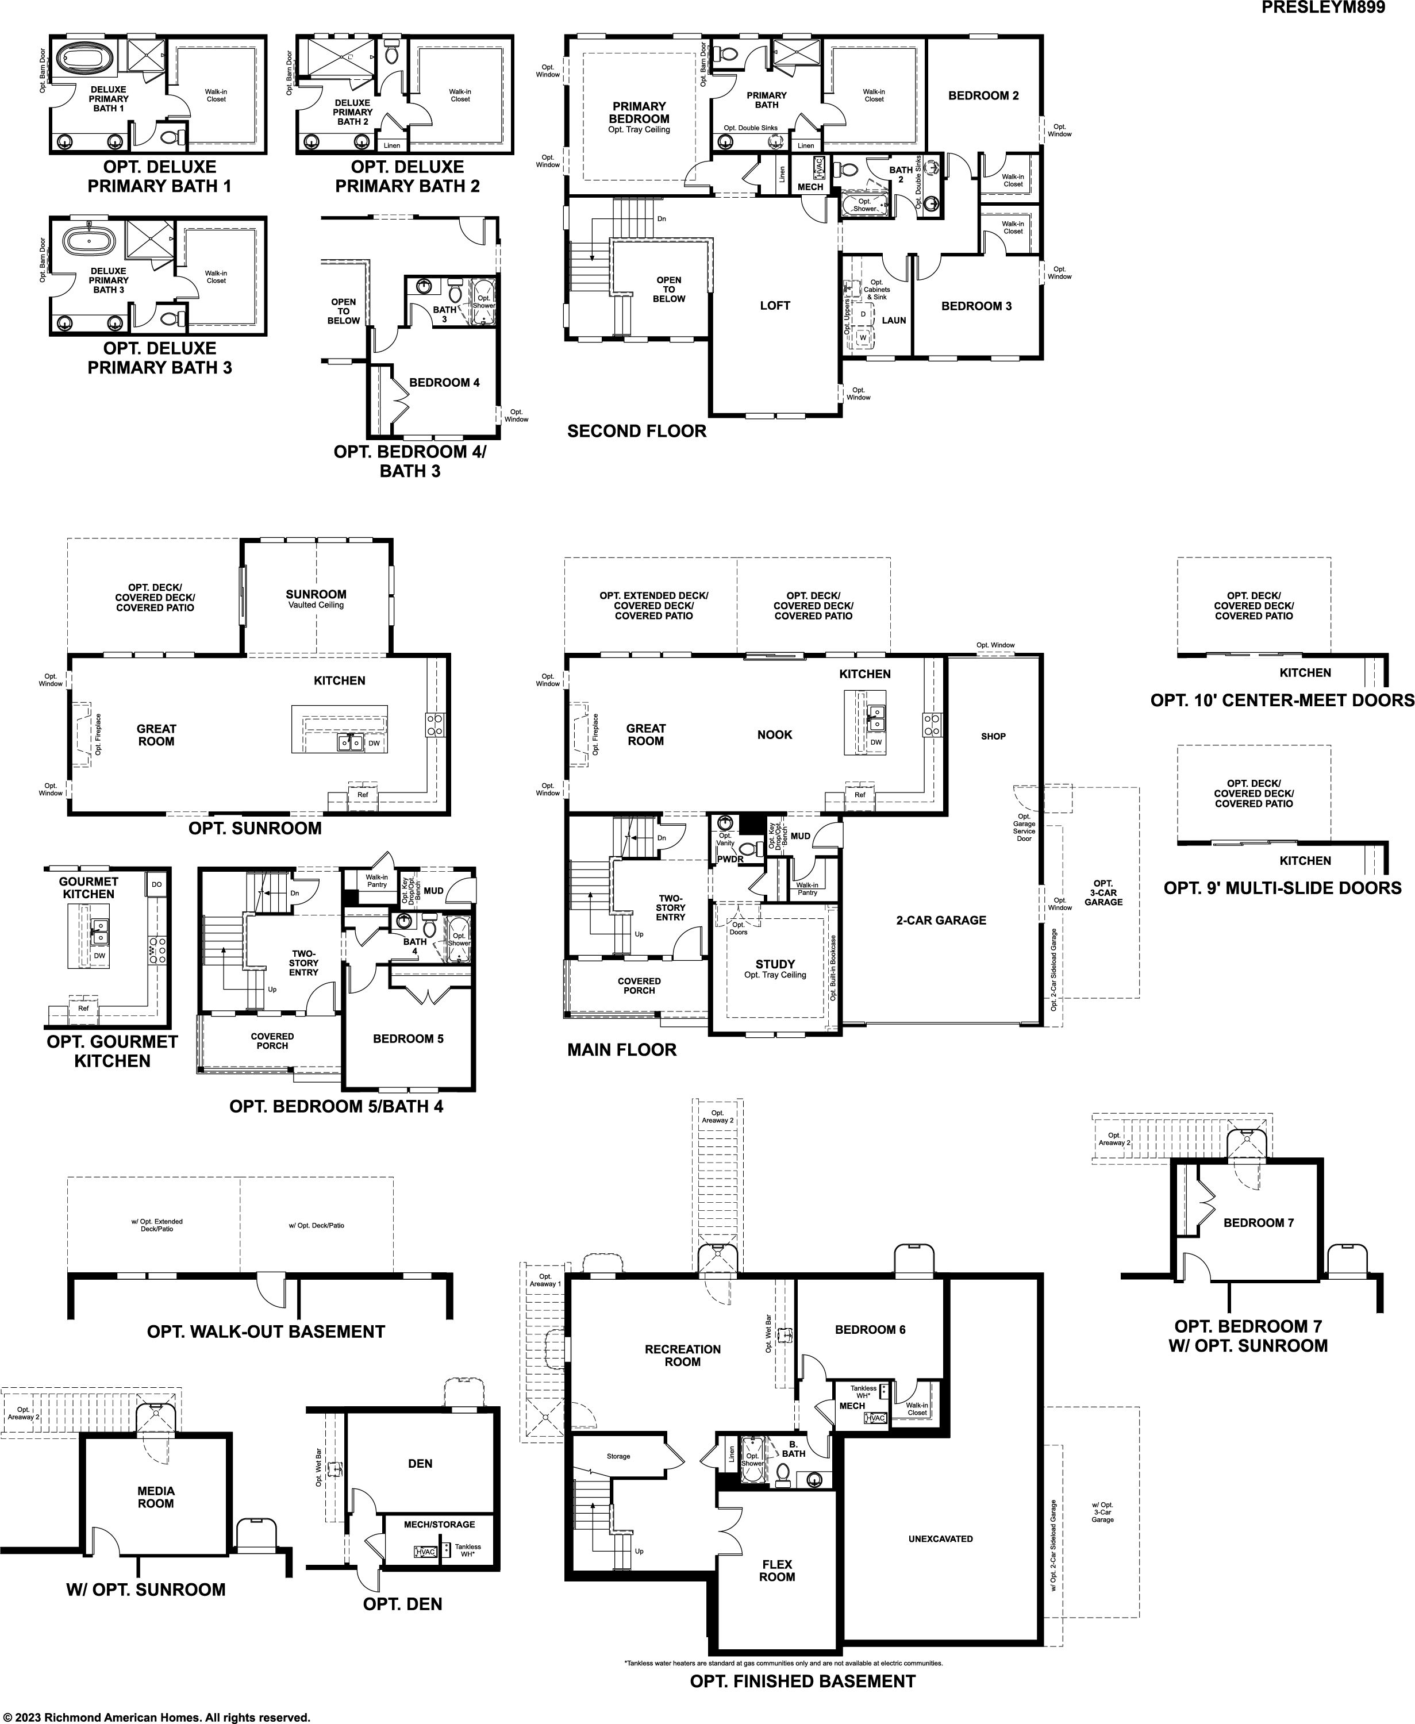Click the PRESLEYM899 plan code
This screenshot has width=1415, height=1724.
point(1323,8)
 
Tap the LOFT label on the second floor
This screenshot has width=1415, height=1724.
point(774,306)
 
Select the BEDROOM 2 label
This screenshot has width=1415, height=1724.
point(983,95)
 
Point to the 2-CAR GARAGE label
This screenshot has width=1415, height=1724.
point(941,920)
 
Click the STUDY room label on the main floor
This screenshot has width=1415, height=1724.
point(774,964)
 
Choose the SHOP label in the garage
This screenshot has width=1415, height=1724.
point(993,736)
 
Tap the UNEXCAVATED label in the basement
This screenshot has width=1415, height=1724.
point(941,1539)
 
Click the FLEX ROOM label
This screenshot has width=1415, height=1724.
point(777,1571)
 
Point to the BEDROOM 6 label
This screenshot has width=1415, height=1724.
point(870,1329)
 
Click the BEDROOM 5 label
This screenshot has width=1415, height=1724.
point(409,1038)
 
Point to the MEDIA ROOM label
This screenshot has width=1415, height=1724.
point(156,1496)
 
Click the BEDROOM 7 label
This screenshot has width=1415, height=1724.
point(1259,1223)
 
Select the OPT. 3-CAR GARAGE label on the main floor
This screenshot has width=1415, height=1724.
point(1103,892)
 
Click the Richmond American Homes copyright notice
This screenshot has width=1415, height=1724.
point(156,1717)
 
